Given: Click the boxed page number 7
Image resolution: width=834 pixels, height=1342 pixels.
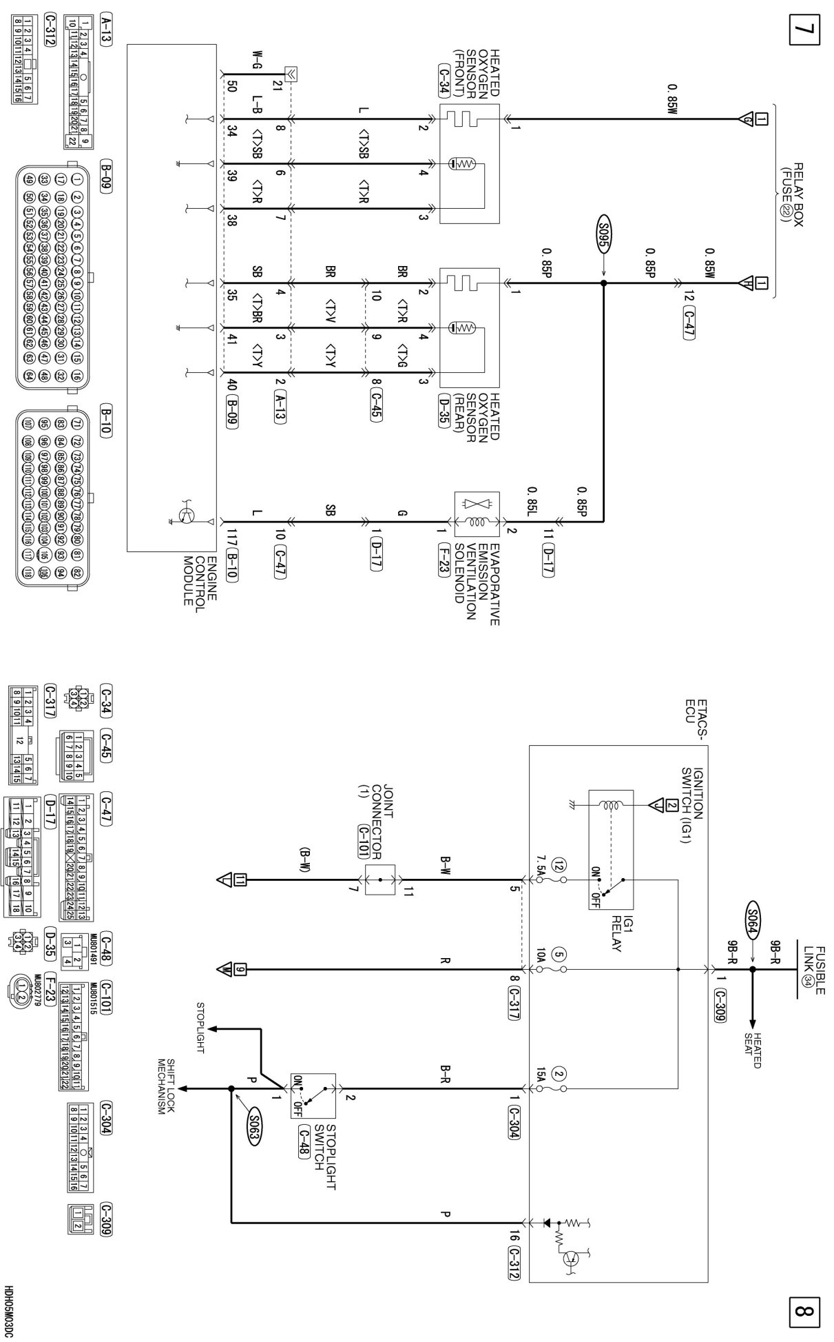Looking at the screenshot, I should pyautogui.click(x=806, y=31).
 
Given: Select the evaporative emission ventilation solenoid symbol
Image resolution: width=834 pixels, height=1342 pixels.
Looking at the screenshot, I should pyautogui.click(x=477, y=514).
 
